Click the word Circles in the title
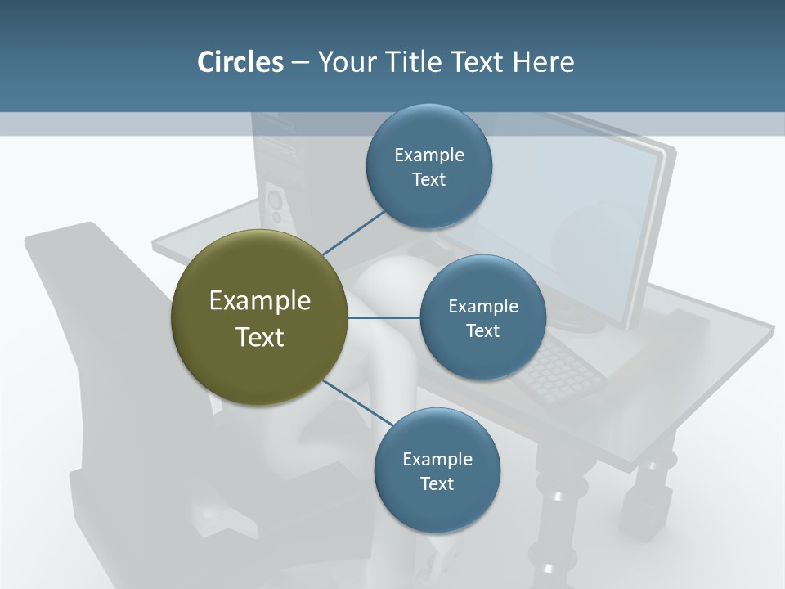point(240,62)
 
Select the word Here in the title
point(544,62)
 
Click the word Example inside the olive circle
point(259,301)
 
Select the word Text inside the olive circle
point(259,337)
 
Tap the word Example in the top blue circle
point(428,155)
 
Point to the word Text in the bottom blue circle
point(437,483)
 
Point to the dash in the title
point(299,63)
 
